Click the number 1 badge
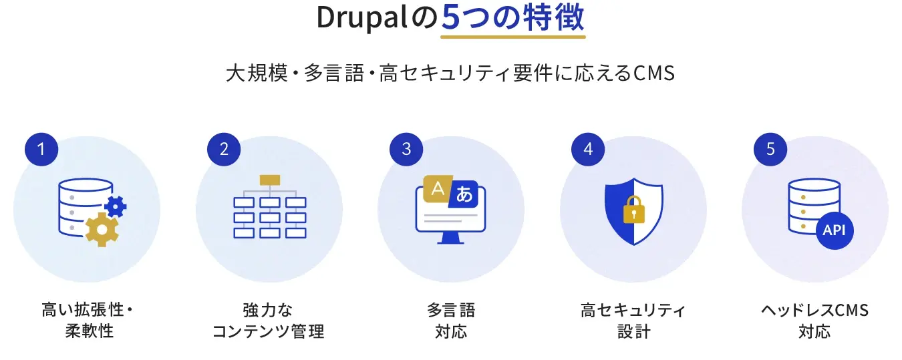point(41,149)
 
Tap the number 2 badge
point(224,149)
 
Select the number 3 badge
point(406,149)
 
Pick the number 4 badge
point(588,149)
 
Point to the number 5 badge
point(770,149)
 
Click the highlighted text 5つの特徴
point(512,19)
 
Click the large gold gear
point(102,229)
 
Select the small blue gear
point(116,206)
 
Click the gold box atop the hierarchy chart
point(269,180)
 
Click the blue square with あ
point(464,195)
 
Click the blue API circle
point(835,230)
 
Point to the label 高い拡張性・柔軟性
point(88,321)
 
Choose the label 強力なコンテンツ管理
point(269,321)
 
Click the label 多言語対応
point(451,321)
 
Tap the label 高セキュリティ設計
point(633,321)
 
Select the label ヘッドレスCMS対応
point(815,321)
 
